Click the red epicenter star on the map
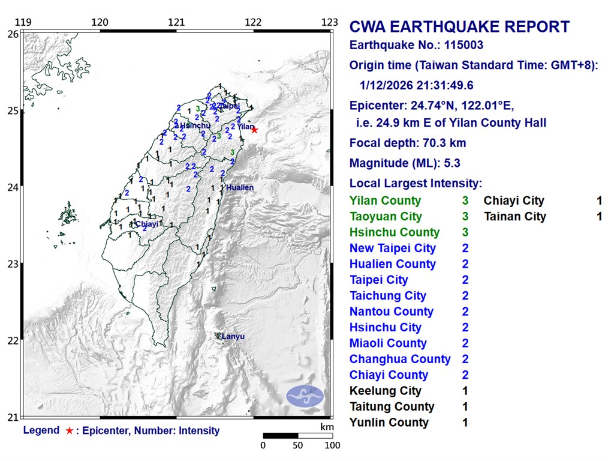[254, 130]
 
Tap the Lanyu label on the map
[233, 337]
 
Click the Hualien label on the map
[240, 188]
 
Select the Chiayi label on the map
[147, 224]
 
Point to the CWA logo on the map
[305, 395]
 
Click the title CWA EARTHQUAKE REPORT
[459, 27]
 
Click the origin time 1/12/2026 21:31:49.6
[417, 86]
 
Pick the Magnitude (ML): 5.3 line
[405, 163]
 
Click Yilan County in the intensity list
[385, 201]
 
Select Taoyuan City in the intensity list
[386, 217]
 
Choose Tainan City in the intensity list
[515, 217]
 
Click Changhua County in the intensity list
[400, 359]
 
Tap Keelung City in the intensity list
[385, 391]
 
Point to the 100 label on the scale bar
[332, 445]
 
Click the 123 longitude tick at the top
[329, 23]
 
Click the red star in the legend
[70, 430]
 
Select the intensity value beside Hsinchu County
[465, 232]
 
